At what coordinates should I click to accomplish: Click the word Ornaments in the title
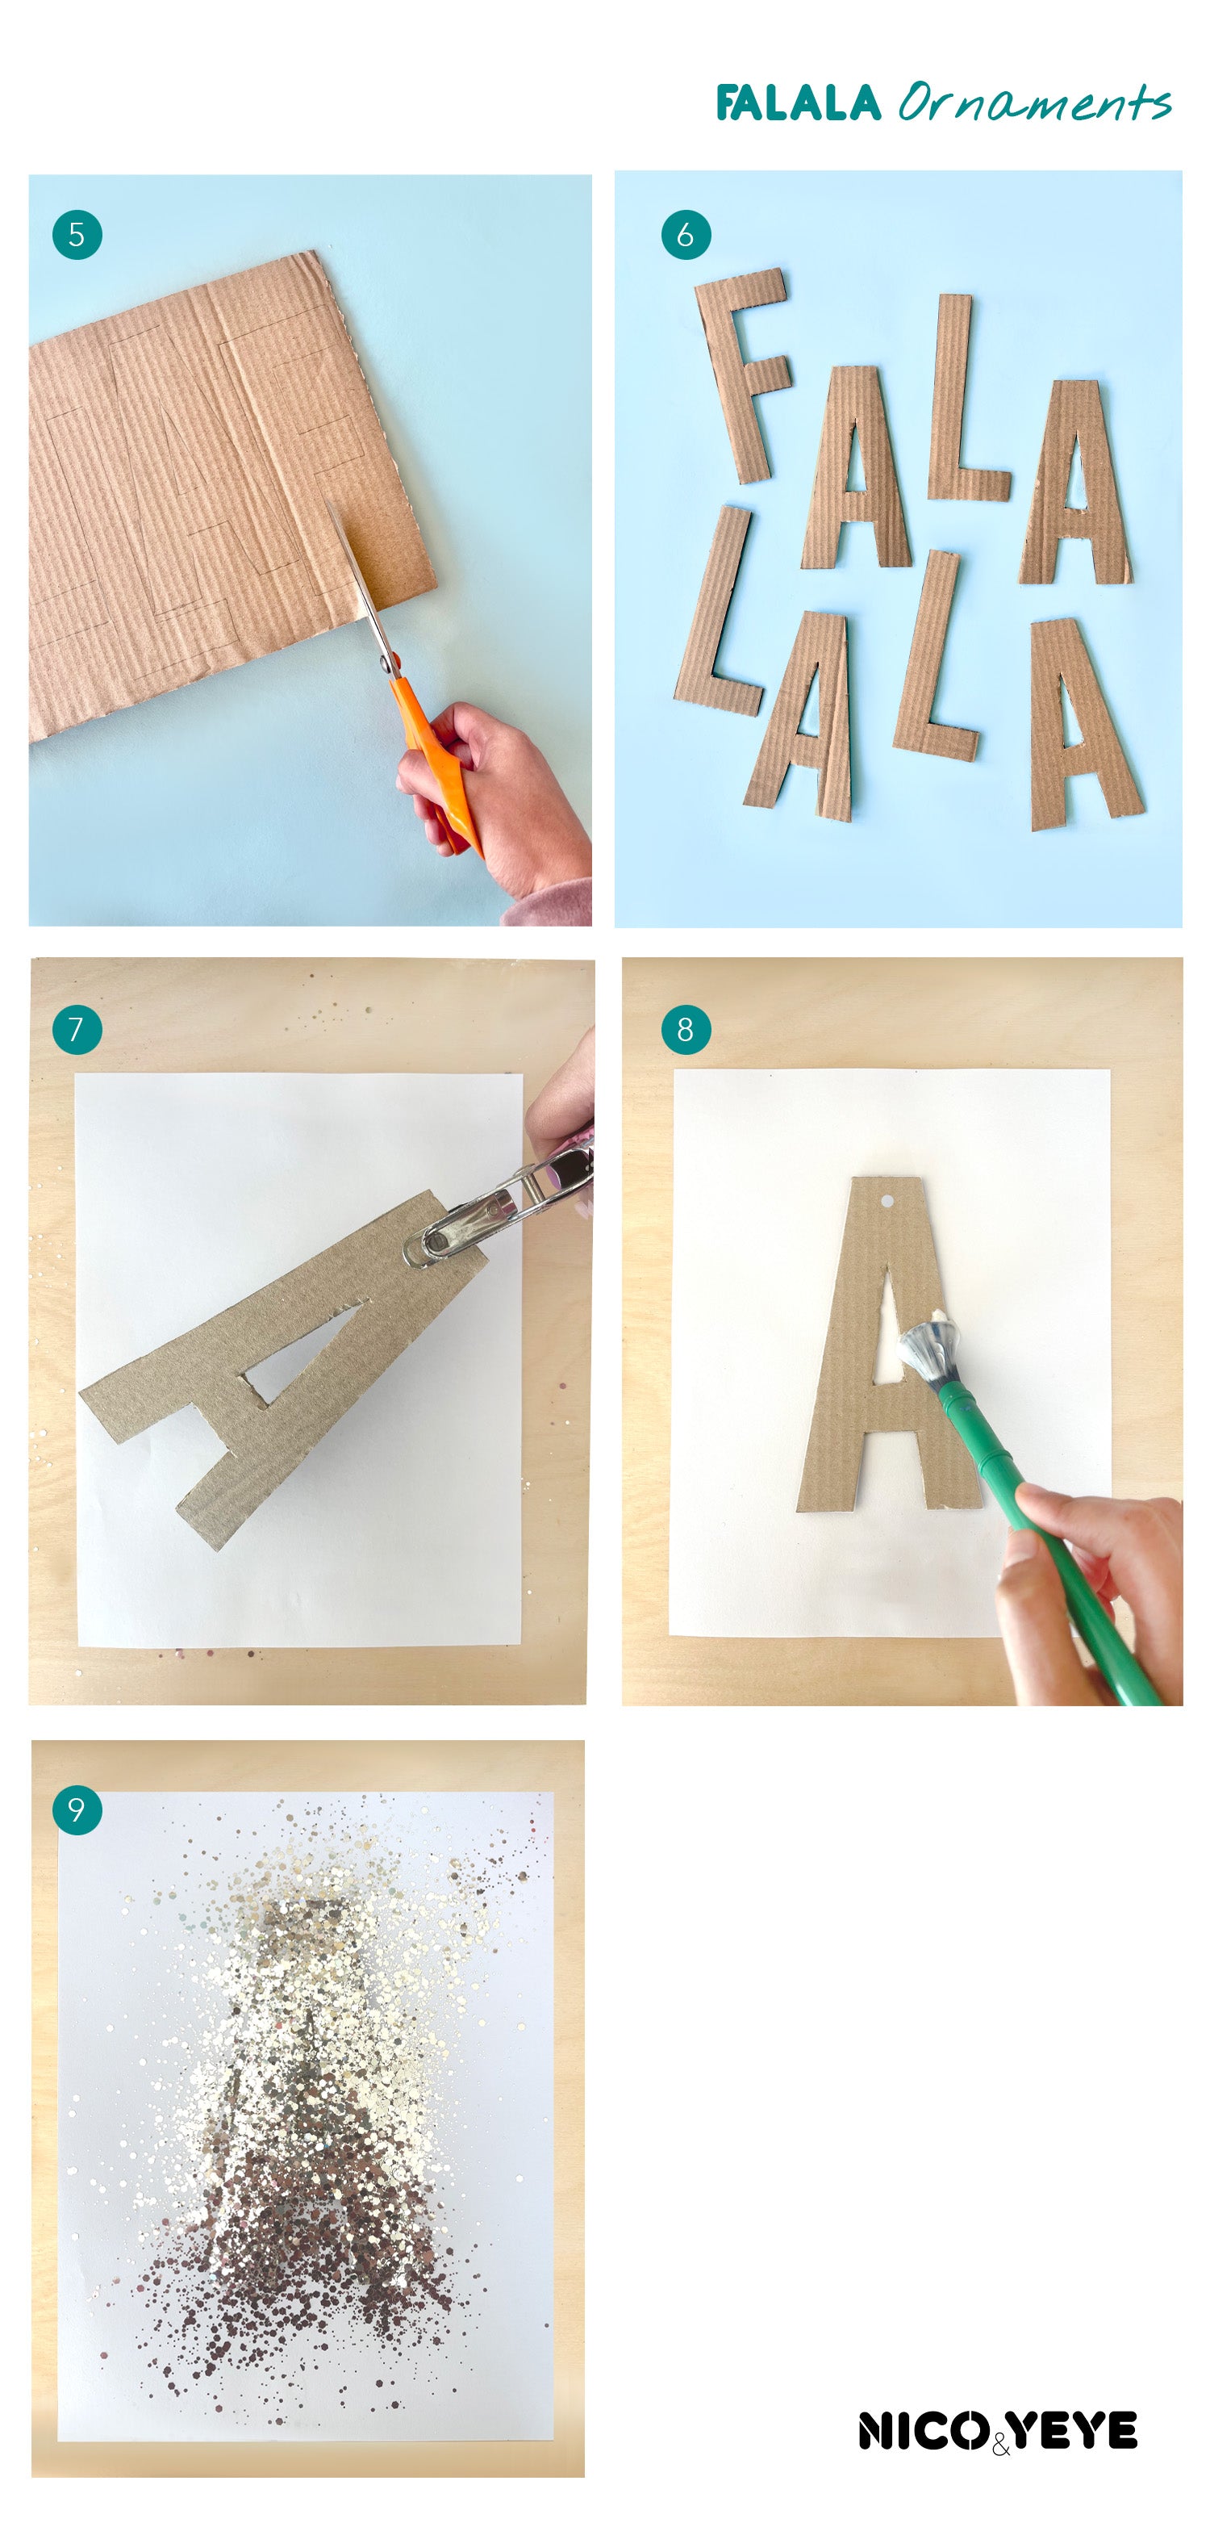(1034, 102)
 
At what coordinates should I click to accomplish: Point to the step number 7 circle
(77, 1029)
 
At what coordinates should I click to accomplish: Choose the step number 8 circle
(686, 1029)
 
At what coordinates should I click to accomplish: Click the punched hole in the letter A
(887, 1199)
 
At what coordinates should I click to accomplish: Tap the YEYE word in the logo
(1074, 2430)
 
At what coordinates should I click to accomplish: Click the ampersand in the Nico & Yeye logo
(1000, 2441)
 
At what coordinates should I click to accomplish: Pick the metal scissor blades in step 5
(362, 588)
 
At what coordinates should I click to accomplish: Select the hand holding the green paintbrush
(1079, 1594)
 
